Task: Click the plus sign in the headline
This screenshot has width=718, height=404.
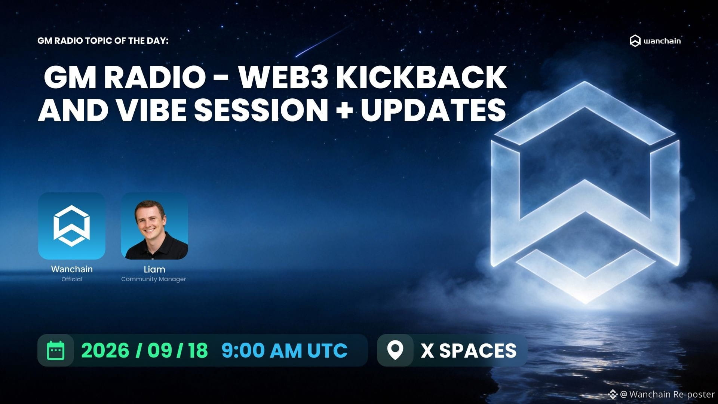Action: click(x=344, y=110)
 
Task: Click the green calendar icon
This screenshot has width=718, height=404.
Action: click(x=56, y=351)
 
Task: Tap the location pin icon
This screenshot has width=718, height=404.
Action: click(x=395, y=351)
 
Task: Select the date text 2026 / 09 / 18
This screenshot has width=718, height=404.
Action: click(x=144, y=351)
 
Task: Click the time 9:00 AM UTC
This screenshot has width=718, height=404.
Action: click(x=285, y=351)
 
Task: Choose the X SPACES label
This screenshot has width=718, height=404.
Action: click(x=469, y=351)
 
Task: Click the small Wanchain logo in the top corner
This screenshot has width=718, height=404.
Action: click(x=655, y=41)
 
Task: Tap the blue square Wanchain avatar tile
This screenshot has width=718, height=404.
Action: click(x=72, y=226)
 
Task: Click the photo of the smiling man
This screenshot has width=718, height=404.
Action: click(x=154, y=226)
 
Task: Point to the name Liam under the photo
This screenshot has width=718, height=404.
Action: click(x=154, y=269)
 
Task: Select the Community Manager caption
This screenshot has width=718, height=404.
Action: click(x=154, y=279)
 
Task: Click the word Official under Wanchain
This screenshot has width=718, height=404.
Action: click(x=72, y=279)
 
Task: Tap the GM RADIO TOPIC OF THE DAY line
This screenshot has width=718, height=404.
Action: click(x=103, y=40)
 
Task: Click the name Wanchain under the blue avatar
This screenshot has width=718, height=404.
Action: click(x=72, y=269)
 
